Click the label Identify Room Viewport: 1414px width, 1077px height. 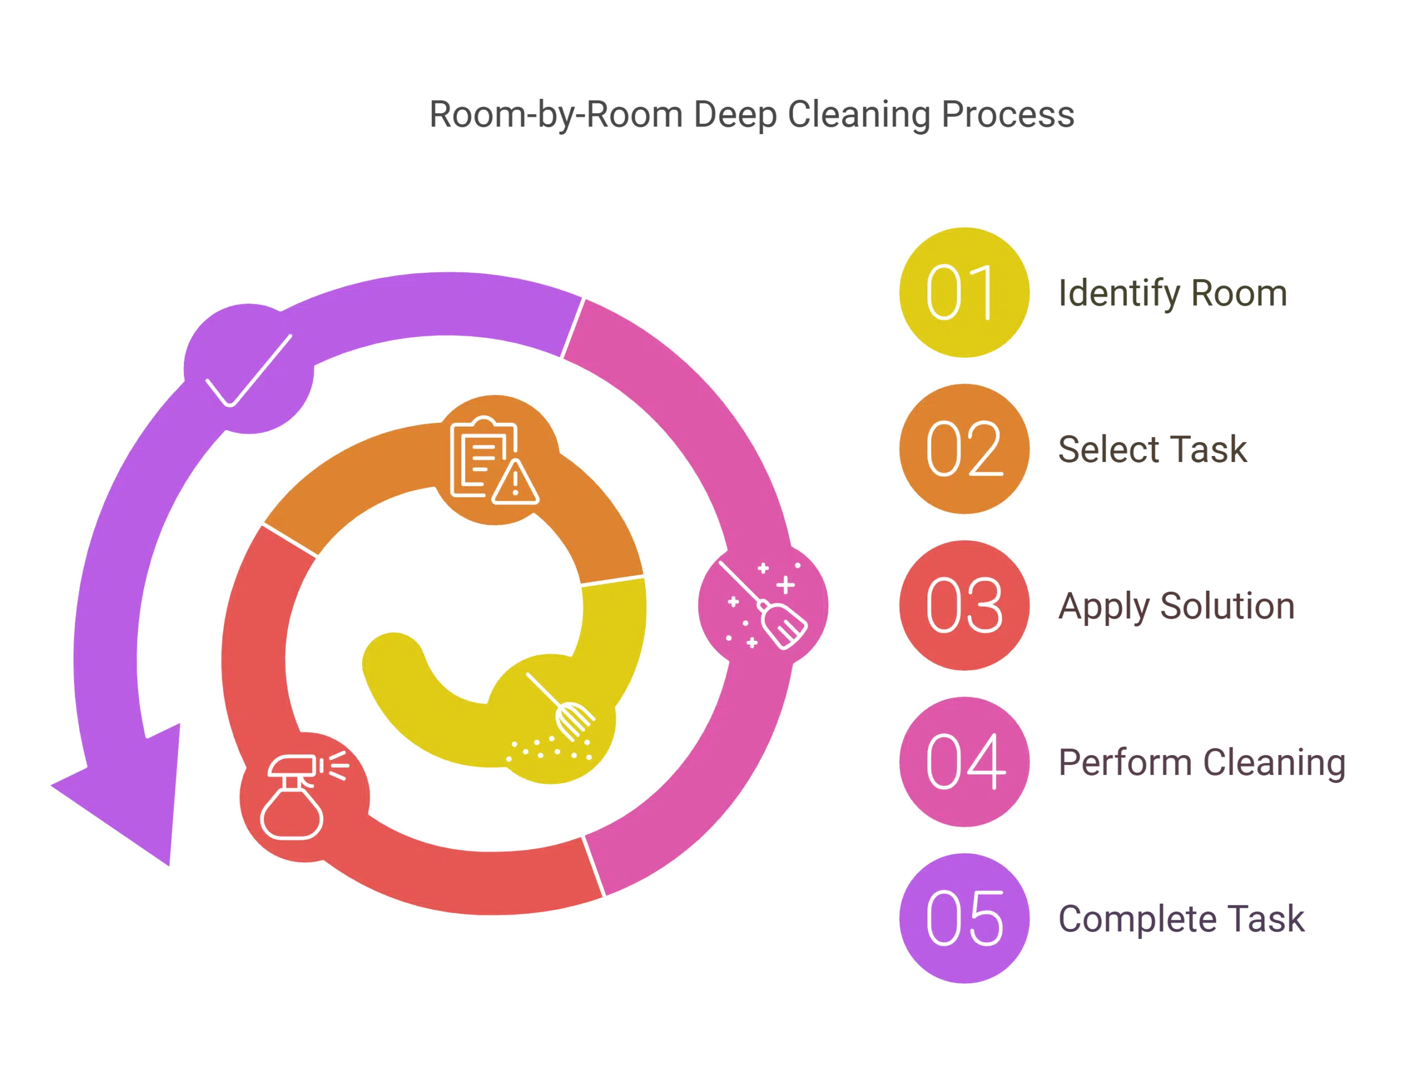[x=1174, y=294]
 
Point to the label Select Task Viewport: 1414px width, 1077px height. [x=1152, y=449]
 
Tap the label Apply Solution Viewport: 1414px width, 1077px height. [x=1175, y=607]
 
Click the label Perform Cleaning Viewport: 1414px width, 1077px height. [x=1202, y=763]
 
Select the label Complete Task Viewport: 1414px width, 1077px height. [x=1180, y=919]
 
